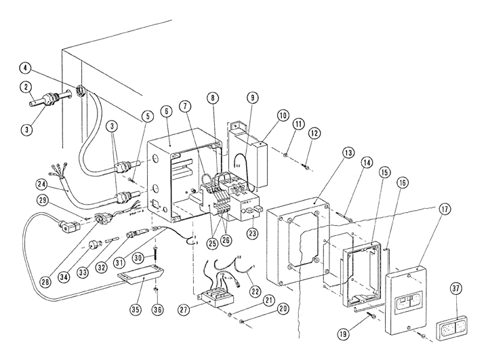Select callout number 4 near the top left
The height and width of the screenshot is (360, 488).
(x=25, y=68)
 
